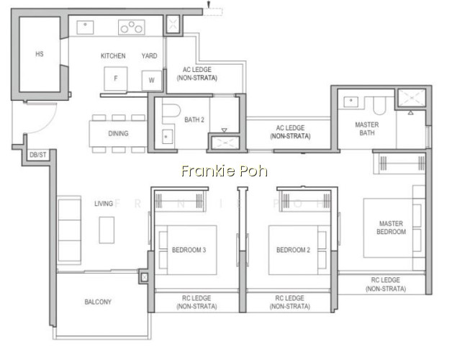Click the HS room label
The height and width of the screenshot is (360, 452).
(40, 54)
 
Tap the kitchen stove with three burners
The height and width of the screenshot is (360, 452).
(132, 27)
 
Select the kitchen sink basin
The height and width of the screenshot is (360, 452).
(85, 27)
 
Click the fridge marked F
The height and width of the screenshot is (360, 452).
(116, 78)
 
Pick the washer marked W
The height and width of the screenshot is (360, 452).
(152, 80)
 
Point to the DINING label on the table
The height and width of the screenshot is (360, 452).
(118, 133)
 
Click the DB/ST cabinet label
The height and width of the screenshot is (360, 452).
(38, 155)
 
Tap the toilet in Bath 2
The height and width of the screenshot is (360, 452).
(171, 110)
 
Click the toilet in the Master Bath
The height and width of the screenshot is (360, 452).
(379, 106)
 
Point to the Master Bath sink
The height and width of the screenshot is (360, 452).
(351, 102)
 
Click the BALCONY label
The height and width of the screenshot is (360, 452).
(98, 302)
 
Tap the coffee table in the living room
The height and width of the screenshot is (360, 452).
(107, 230)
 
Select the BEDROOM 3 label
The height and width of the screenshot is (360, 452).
(189, 250)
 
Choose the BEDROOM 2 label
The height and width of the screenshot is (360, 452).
(293, 250)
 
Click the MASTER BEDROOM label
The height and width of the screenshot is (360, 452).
(391, 228)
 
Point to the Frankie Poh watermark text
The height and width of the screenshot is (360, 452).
(225, 171)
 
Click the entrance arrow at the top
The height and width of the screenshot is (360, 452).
(209, 4)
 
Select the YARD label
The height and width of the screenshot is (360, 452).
(149, 55)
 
